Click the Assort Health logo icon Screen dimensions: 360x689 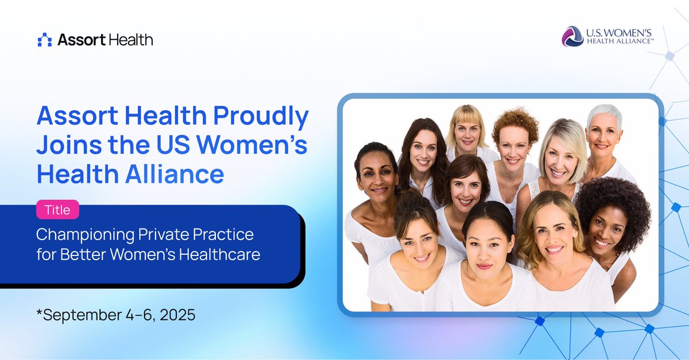click(x=44, y=40)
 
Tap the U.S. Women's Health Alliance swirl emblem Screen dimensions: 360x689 click(x=572, y=36)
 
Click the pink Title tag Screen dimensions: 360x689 click(x=57, y=210)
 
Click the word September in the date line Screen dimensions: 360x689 click(x=80, y=315)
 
